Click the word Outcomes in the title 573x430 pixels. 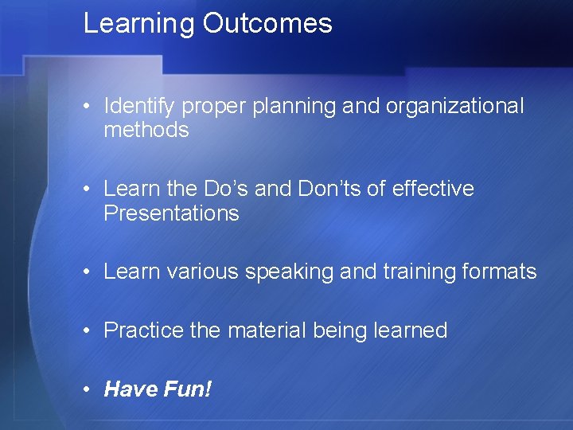point(267,23)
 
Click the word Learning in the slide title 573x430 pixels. point(139,23)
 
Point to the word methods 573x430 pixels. point(146,130)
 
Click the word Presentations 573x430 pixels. point(171,213)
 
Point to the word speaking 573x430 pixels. point(288,272)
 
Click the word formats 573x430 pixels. point(501,272)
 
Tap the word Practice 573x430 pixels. point(143,330)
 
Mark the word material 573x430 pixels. point(264,330)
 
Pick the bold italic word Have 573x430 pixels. point(131,389)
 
